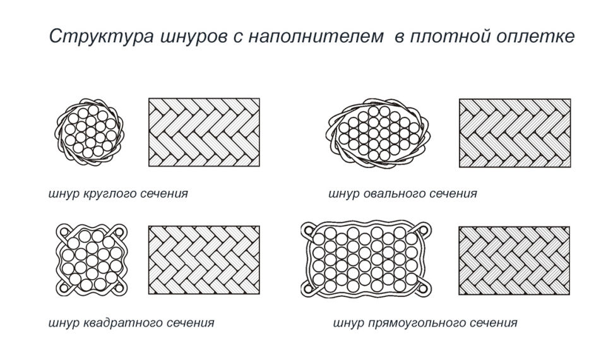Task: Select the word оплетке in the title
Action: [536, 37]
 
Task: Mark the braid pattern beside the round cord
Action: [204, 132]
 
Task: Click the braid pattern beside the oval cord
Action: [515, 132]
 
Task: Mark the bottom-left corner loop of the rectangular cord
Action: [308, 289]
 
